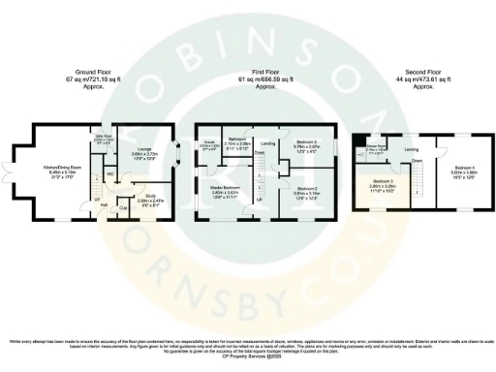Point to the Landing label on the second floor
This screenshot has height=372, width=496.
point(412,149)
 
